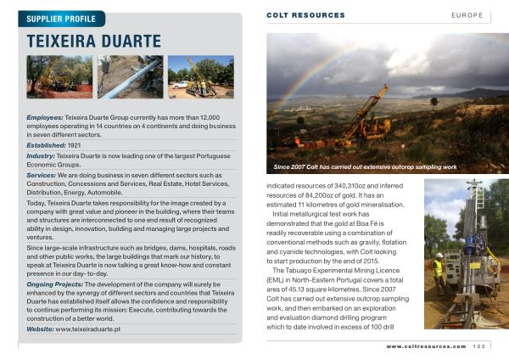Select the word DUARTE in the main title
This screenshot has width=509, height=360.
click(130, 42)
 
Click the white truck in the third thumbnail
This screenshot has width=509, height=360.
click(180, 84)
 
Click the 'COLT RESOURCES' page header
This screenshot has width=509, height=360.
click(305, 15)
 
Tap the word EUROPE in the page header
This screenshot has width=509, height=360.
click(467, 15)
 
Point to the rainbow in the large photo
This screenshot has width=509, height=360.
click(314, 68)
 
